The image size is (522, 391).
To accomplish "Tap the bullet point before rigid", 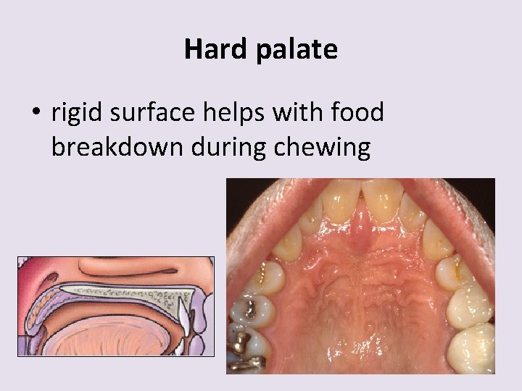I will [36, 114].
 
